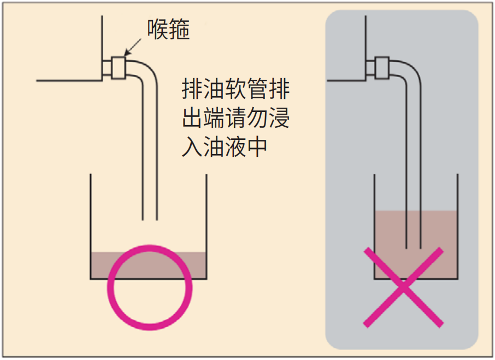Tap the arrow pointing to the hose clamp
pos(133,48)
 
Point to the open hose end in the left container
pos(150,219)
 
